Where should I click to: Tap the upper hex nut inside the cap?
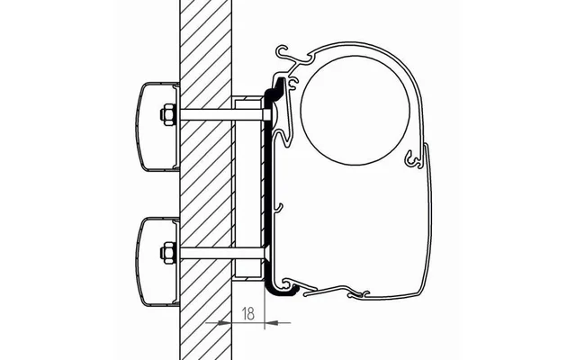166,114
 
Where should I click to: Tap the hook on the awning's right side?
414,159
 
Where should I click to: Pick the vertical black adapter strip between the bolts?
268,189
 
